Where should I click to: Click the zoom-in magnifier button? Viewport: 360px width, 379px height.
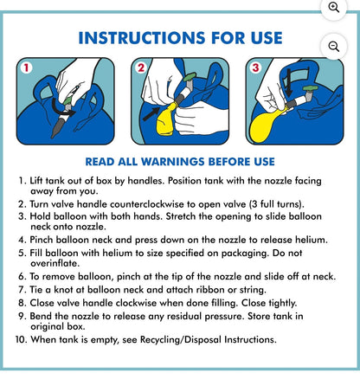pyautogui.click(x=334, y=8)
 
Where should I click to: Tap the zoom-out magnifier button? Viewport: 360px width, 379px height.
pyautogui.click(x=334, y=47)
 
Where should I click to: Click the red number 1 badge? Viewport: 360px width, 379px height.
pyautogui.click(x=26, y=68)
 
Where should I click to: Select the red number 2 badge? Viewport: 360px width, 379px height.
pyautogui.click(x=141, y=67)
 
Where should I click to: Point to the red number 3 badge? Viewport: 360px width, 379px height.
pyautogui.click(x=255, y=67)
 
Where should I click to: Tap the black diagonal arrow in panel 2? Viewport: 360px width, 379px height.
pyautogui.click(x=151, y=113)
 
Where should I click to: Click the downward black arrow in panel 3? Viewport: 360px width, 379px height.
pyautogui.click(x=289, y=84)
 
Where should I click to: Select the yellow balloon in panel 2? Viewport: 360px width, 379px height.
pyautogui.click(x=166, y=119)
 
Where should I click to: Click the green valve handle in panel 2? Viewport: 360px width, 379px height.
pyautogui.click(x=190, y=77)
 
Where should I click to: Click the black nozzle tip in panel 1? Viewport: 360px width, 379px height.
pyautogui.click(x=56, y=129)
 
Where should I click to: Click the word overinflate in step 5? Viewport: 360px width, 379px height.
pyautogui.click(x=54, y=263)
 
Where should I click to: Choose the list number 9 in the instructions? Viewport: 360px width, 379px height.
pyautogui.click(x=22, y=316)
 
